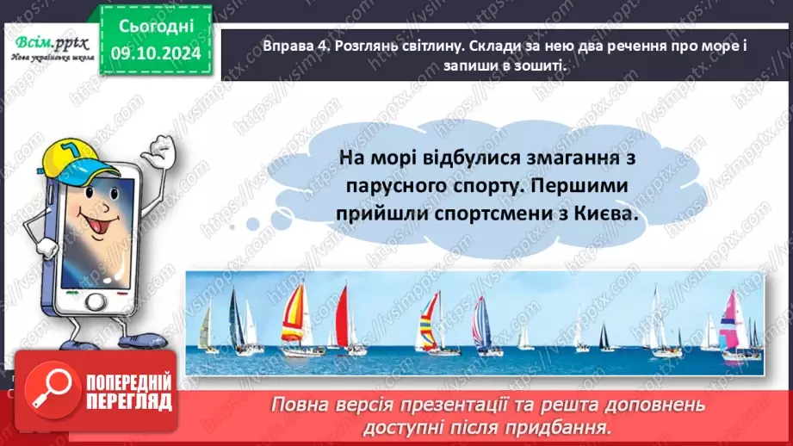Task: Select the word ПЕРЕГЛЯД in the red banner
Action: (x=128, y=401)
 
